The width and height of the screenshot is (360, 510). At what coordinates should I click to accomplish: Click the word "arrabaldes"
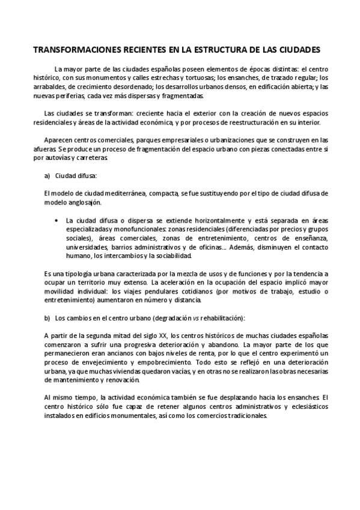click(62, 87)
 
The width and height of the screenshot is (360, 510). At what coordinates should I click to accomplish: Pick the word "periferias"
click(87, 96)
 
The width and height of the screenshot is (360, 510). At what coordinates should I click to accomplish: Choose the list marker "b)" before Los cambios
click(47, 318)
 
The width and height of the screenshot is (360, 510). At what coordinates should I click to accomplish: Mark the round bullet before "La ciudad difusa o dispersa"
click(56, 220)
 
